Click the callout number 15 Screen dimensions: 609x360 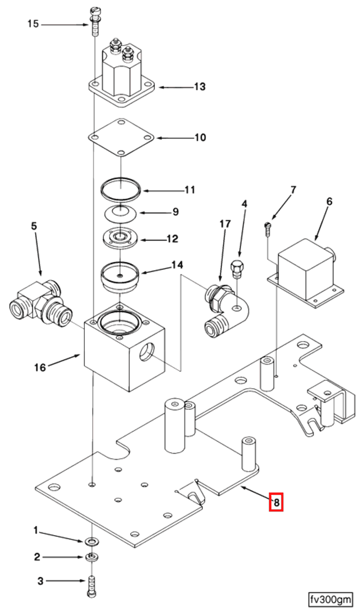[33, 24]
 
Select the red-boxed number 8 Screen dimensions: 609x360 [276, 502]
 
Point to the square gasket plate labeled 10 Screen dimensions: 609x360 [121, 137]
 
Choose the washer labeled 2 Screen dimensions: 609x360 [90, 557]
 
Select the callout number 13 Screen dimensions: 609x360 [199, 87]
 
